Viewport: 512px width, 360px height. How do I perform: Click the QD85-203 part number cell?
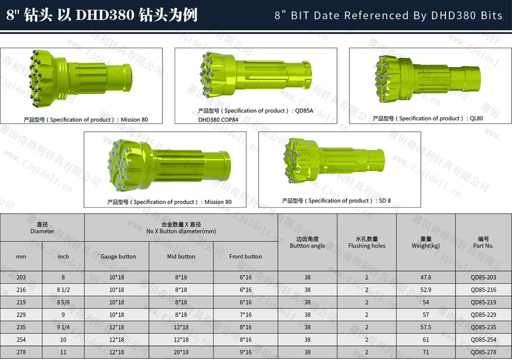483,277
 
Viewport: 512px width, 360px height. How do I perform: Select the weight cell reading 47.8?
426,277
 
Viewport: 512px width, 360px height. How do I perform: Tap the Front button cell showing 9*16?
245,352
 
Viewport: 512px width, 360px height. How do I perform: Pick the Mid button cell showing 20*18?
181,352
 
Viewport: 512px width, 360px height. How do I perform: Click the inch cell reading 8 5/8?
63,302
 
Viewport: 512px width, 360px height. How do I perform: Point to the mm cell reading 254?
21,340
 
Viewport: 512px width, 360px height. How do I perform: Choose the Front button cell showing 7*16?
245,315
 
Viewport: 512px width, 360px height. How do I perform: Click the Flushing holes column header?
367,242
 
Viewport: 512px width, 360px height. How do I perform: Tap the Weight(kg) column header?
426,242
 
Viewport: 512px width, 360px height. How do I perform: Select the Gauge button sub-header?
117,256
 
